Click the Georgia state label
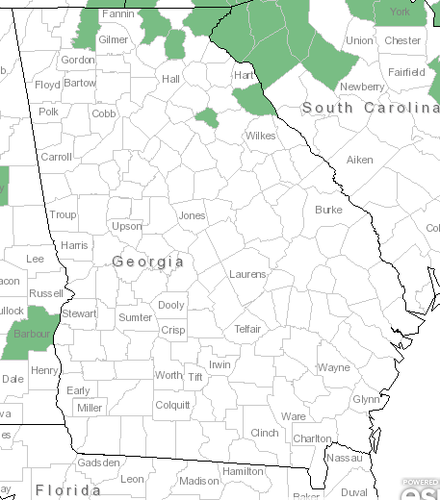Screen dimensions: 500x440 tap(147, 262)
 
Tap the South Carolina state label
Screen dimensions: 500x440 tap(370, 108)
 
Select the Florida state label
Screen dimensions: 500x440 tap(67, 490)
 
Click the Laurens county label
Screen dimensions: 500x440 tap(247, 274)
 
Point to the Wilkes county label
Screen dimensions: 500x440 tap(260, 136)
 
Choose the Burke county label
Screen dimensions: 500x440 tap(328, 209)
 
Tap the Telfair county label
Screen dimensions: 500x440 tap(248, 329)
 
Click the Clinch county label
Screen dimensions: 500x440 tap(264, 433)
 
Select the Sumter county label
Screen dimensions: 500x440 tap(135, 317)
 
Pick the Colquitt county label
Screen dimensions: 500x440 tap(172, 405)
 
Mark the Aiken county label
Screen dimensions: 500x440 tap(359, 160)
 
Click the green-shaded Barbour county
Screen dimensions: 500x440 tap(27, 334)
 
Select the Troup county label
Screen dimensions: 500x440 tap(64, 215)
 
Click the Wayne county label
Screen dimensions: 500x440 tap(334, 367)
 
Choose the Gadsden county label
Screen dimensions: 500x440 tap(98, 462)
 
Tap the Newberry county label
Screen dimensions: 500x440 tap(362, 87)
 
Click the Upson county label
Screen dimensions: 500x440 tap(127, 227)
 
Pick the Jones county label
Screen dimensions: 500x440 tap(192, 215)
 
